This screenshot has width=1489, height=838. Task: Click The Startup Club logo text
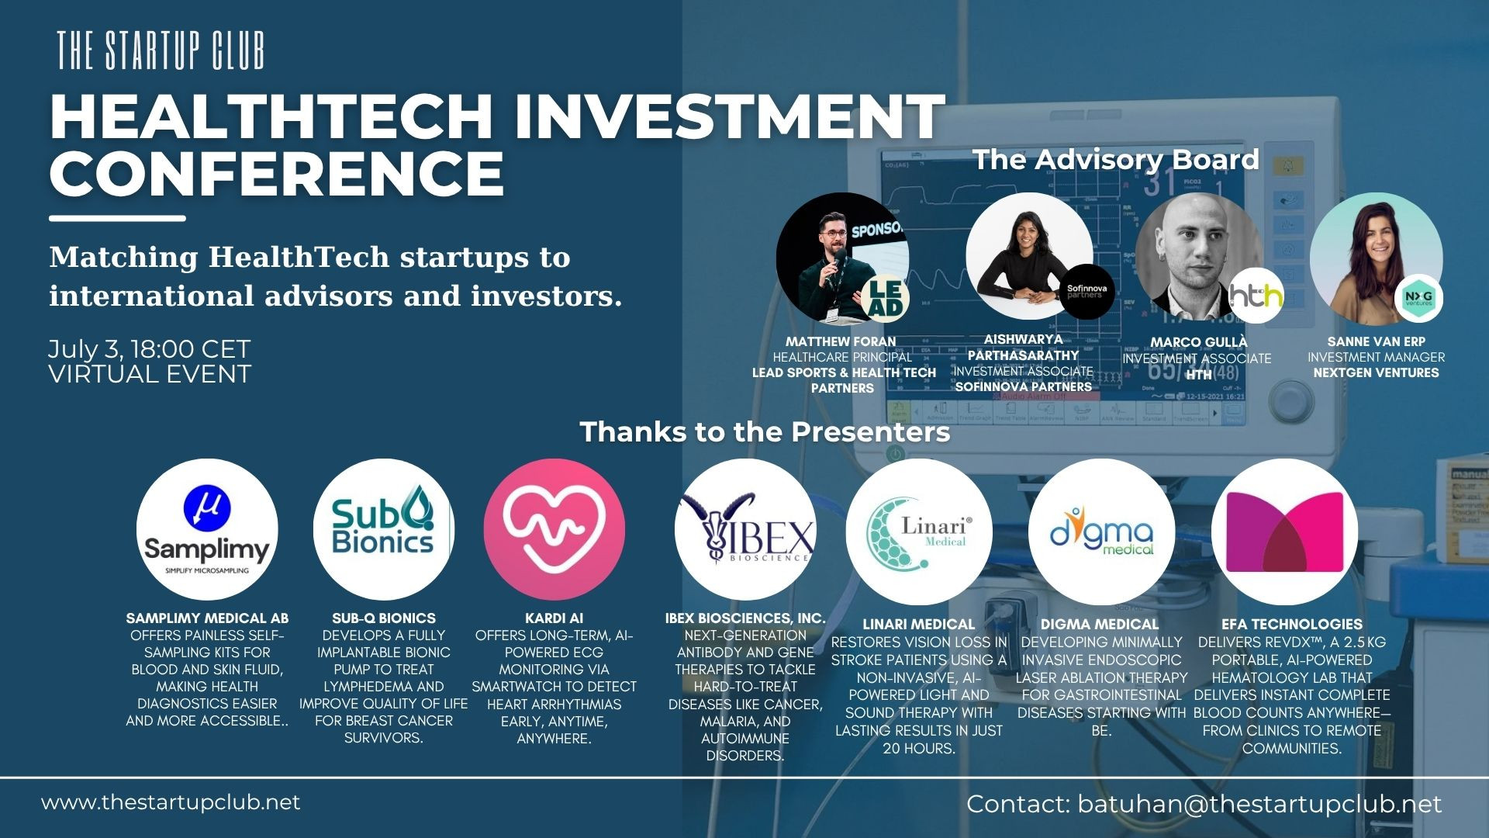coord(161,51)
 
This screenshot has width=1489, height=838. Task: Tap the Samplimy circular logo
coord(207,529)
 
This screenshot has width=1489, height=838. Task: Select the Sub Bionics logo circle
coord(383,529)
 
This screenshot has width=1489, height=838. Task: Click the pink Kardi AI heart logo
coord(554,529)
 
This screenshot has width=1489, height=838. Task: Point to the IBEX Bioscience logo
coord(744,529)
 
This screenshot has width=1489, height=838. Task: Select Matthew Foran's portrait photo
coord(834,256)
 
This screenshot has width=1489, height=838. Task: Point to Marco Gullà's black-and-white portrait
coord(1194,256)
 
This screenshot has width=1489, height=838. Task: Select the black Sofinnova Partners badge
coord(1087,292)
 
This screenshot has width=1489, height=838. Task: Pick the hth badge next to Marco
coord(1256,295)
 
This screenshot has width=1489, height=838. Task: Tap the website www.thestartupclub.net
coord(171,802)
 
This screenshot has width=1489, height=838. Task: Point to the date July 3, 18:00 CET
coord(149,349)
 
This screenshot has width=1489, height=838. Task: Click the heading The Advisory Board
coord(1116,159)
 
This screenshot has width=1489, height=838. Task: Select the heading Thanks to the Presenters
coord(765,431)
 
